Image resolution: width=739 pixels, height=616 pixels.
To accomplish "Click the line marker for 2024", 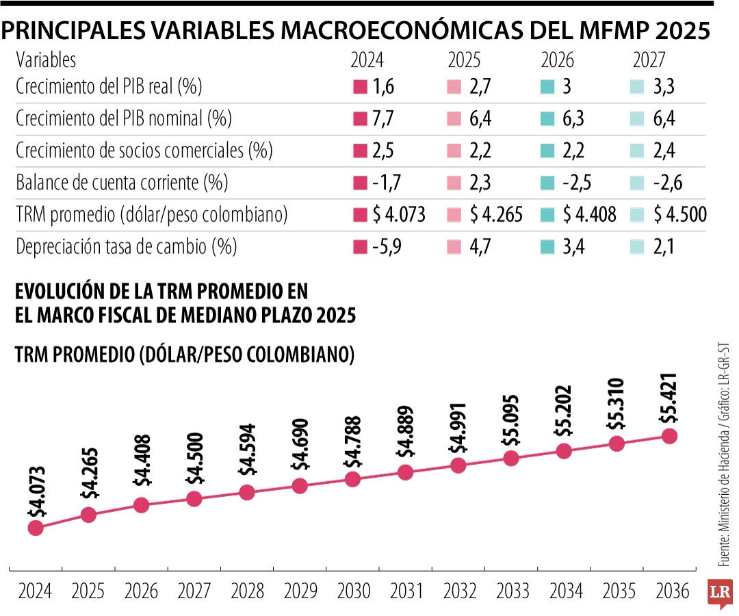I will tap(36, 528).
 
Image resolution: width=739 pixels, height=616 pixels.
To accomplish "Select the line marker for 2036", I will tap(669, 436).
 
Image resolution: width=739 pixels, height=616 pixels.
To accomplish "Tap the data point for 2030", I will tap(352, 479).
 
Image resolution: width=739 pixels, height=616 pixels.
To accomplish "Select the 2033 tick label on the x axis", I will tap(510, 591).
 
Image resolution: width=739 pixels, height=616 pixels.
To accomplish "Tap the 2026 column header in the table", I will tap(558, 60).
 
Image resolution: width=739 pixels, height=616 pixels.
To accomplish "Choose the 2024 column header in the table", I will tap(367, 60).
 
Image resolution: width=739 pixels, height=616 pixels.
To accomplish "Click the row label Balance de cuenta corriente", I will tap(121, 183).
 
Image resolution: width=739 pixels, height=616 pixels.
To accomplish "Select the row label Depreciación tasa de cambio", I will tap(126, 246).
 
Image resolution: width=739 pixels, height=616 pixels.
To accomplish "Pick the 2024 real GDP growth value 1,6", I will tap(384, 87).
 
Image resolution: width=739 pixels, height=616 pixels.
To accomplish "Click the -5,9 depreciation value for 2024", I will tap(387, 246).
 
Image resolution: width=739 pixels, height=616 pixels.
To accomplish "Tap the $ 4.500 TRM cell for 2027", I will tap(679, 215).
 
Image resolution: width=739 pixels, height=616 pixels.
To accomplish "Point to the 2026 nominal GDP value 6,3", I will tap(573, 119).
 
